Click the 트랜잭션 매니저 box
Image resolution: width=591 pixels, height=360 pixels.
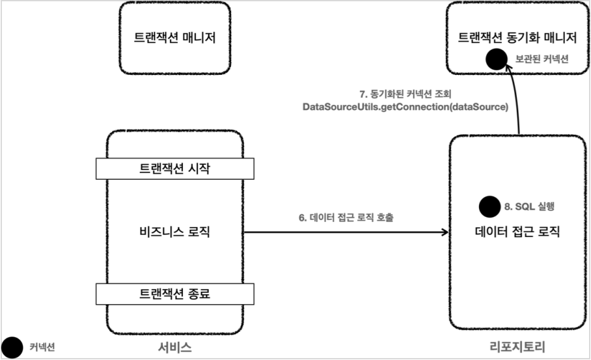(174, 38)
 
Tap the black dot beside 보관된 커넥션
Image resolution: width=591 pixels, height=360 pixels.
(497, 59)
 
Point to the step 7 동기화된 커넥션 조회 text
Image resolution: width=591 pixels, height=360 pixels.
(405, 94)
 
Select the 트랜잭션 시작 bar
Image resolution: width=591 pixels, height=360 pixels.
(174, 168)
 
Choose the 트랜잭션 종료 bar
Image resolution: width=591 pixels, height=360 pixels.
(174, 294)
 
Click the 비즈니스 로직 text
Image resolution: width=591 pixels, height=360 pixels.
(174, 230)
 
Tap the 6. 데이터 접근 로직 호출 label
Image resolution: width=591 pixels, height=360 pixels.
(346, 217)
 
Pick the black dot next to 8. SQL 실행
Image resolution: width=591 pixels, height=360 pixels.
(489, 206)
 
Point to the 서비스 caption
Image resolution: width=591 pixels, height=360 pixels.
(174, 347)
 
